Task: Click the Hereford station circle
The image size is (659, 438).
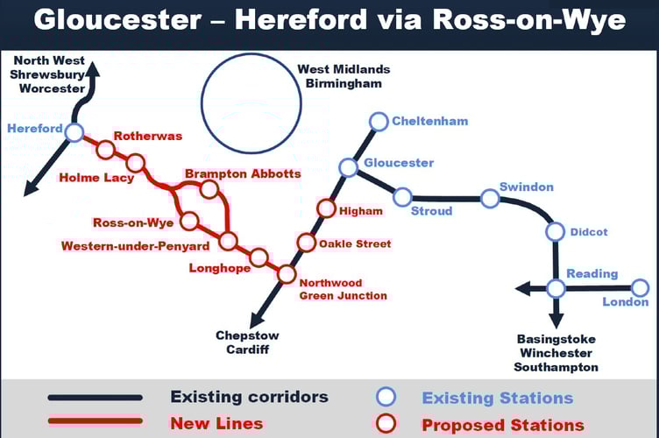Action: point(74,132)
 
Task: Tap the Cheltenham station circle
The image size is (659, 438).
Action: point(379,121)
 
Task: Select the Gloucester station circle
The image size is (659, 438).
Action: point(348,167)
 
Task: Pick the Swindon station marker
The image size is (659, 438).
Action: point(490,199)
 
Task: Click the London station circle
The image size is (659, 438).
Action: point(641,287)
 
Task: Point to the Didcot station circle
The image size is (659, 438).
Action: point(555,231)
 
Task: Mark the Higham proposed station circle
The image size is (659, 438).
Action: point(326,208)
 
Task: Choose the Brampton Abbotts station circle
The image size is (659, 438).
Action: point(209,188)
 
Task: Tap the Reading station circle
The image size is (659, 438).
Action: point(556,287)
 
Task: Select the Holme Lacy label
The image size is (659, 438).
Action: point(96,178)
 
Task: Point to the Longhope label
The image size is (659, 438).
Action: point(219,268)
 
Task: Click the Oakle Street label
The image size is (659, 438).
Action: point(355,244)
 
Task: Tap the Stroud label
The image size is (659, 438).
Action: point(432,211)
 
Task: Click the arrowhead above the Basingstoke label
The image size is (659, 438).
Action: point(556,321)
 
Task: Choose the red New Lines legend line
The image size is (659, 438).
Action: point(96,422)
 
